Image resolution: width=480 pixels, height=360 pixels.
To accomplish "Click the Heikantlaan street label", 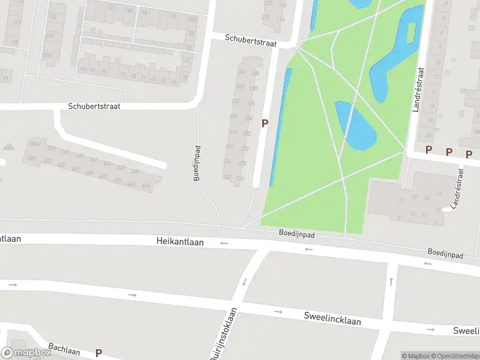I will point(180,242).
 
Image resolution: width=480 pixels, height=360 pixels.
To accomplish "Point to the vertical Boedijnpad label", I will point(196,163).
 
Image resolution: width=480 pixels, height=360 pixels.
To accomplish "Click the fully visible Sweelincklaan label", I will point(332,318).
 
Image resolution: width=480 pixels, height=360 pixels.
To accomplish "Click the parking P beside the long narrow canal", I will point(264,123).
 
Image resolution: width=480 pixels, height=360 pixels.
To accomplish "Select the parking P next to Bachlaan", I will point(98,353).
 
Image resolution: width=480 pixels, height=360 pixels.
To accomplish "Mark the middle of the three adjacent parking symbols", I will point(449,152).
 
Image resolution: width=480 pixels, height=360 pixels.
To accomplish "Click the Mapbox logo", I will point(26,353).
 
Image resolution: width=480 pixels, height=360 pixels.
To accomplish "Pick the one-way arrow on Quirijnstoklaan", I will point(244,281).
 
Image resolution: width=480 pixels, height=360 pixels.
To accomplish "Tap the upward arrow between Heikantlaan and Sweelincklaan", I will point(391,281).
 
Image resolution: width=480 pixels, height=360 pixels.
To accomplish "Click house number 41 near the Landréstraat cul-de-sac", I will point(440,194).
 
